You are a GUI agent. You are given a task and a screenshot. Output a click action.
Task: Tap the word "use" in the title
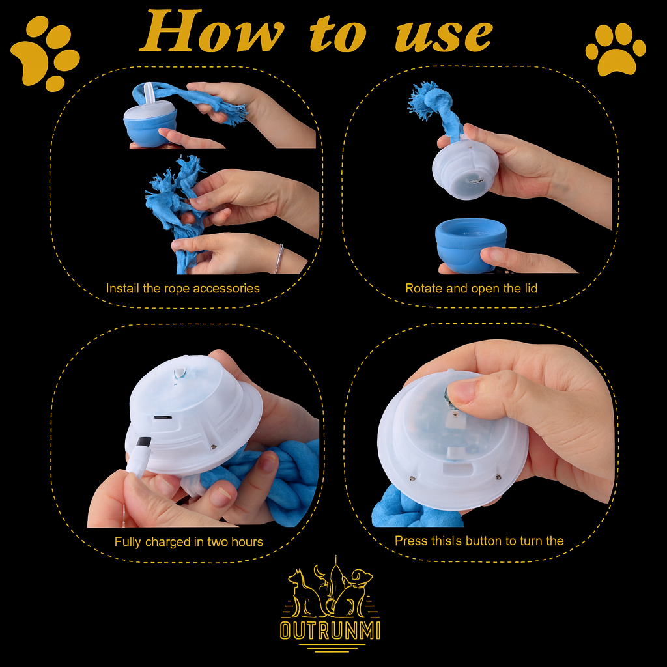pos(444,36)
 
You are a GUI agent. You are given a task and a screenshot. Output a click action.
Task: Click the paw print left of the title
pos(45,53)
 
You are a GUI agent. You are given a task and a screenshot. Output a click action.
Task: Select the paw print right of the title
pos(616,50)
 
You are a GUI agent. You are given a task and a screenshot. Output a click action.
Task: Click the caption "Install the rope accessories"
pos(183,289)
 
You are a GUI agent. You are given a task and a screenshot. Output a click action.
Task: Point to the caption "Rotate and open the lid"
pos(472,289)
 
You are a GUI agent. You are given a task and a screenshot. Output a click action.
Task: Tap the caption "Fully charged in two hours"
pos(188,542)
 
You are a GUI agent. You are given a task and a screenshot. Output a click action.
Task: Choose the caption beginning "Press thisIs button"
pos(479,541)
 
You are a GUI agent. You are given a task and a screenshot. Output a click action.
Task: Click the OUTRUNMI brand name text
pos(330,631)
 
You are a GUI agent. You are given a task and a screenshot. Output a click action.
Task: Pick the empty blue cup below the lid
pos(471,244)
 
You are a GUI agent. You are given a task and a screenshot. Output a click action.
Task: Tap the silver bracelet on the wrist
pos(279,258)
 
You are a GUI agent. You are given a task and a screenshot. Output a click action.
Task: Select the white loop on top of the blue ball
pos(149,94)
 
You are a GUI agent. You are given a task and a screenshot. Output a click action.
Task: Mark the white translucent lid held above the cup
pos(465,168)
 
